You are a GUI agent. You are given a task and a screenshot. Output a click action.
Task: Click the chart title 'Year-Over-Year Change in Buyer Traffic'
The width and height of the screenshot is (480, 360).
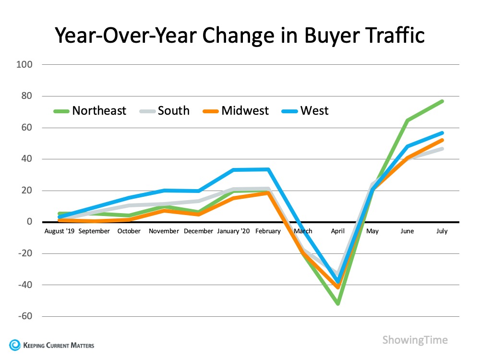(x=240, y=35)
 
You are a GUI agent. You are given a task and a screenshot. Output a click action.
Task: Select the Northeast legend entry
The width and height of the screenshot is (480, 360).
(x=90, y=111)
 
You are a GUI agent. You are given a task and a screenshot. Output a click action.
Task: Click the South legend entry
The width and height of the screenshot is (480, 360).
(x=166, y=111)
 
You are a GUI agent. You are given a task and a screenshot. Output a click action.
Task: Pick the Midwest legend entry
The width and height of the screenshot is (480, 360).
(x=237, y=111)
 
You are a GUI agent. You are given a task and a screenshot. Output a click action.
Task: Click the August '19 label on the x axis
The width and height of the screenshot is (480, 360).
(x=59, y=231)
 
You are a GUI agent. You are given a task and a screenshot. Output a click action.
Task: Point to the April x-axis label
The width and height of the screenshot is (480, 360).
(x=338, y=231)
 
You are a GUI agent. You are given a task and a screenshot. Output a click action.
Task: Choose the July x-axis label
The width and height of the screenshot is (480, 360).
(x=442, y=231)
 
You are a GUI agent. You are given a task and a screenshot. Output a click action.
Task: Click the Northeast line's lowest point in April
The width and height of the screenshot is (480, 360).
(x=338, y=304)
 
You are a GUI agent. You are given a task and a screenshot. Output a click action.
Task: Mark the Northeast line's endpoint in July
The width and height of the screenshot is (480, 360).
(x=442, y=101)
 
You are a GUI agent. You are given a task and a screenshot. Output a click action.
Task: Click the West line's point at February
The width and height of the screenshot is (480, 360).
(x=268, y=169)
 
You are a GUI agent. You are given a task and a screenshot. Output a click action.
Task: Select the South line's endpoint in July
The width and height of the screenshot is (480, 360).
(x=442, y=149)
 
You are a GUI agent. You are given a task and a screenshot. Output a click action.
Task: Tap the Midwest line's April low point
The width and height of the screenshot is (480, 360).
(x=338, y=287)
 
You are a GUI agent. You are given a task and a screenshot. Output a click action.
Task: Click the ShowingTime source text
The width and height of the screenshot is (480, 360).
(x=415, y=340)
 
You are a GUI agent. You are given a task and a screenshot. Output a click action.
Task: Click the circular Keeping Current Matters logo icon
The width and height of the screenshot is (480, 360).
(x=15, y=345)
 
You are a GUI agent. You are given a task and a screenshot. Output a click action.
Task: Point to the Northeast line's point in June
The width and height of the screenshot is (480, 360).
(x=407, y=120)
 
